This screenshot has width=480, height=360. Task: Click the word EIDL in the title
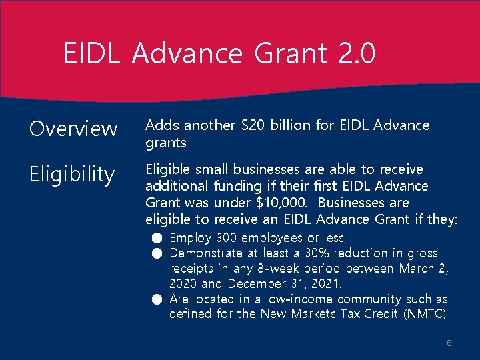[91, 53]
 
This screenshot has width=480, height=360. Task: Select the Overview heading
[73, 129]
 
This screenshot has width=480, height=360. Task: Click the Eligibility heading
[72, 175]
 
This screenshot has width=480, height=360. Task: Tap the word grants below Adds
[166, 143]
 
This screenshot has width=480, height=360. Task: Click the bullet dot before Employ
[156, 238]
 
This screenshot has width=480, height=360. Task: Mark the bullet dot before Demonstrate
[156, 253]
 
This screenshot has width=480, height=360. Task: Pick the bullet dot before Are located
[156, 299]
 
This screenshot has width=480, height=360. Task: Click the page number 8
[449, 343]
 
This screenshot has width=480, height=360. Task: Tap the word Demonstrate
[205, 253]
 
